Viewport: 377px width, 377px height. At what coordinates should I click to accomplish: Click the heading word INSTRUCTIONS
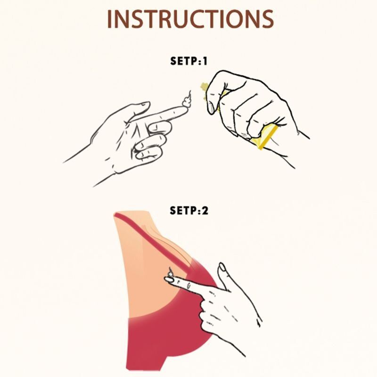coord(190,19)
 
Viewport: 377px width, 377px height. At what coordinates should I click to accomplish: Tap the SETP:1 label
coord(188,61)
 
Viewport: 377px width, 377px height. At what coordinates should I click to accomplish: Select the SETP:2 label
coord(189,211)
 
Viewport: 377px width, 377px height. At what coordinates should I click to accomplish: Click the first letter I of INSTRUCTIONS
coord(109,19)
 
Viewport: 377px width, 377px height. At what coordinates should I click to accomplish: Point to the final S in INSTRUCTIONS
coord(268,19)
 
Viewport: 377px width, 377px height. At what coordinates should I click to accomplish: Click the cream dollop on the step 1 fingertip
coord(187,100)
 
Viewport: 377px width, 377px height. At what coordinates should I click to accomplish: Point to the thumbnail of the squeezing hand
coord(211,108)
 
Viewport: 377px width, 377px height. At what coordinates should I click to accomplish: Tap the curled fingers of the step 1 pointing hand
coord(149,142)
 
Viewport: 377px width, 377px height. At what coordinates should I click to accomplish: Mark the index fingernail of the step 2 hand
coord(169,279)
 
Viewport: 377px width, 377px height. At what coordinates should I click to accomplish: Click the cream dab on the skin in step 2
coord(171,273)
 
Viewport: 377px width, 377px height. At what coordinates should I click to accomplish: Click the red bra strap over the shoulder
coord(154,240)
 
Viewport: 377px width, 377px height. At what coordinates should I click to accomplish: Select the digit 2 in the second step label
coord(205,211)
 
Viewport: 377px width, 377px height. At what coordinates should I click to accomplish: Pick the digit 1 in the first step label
coord(205,61)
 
